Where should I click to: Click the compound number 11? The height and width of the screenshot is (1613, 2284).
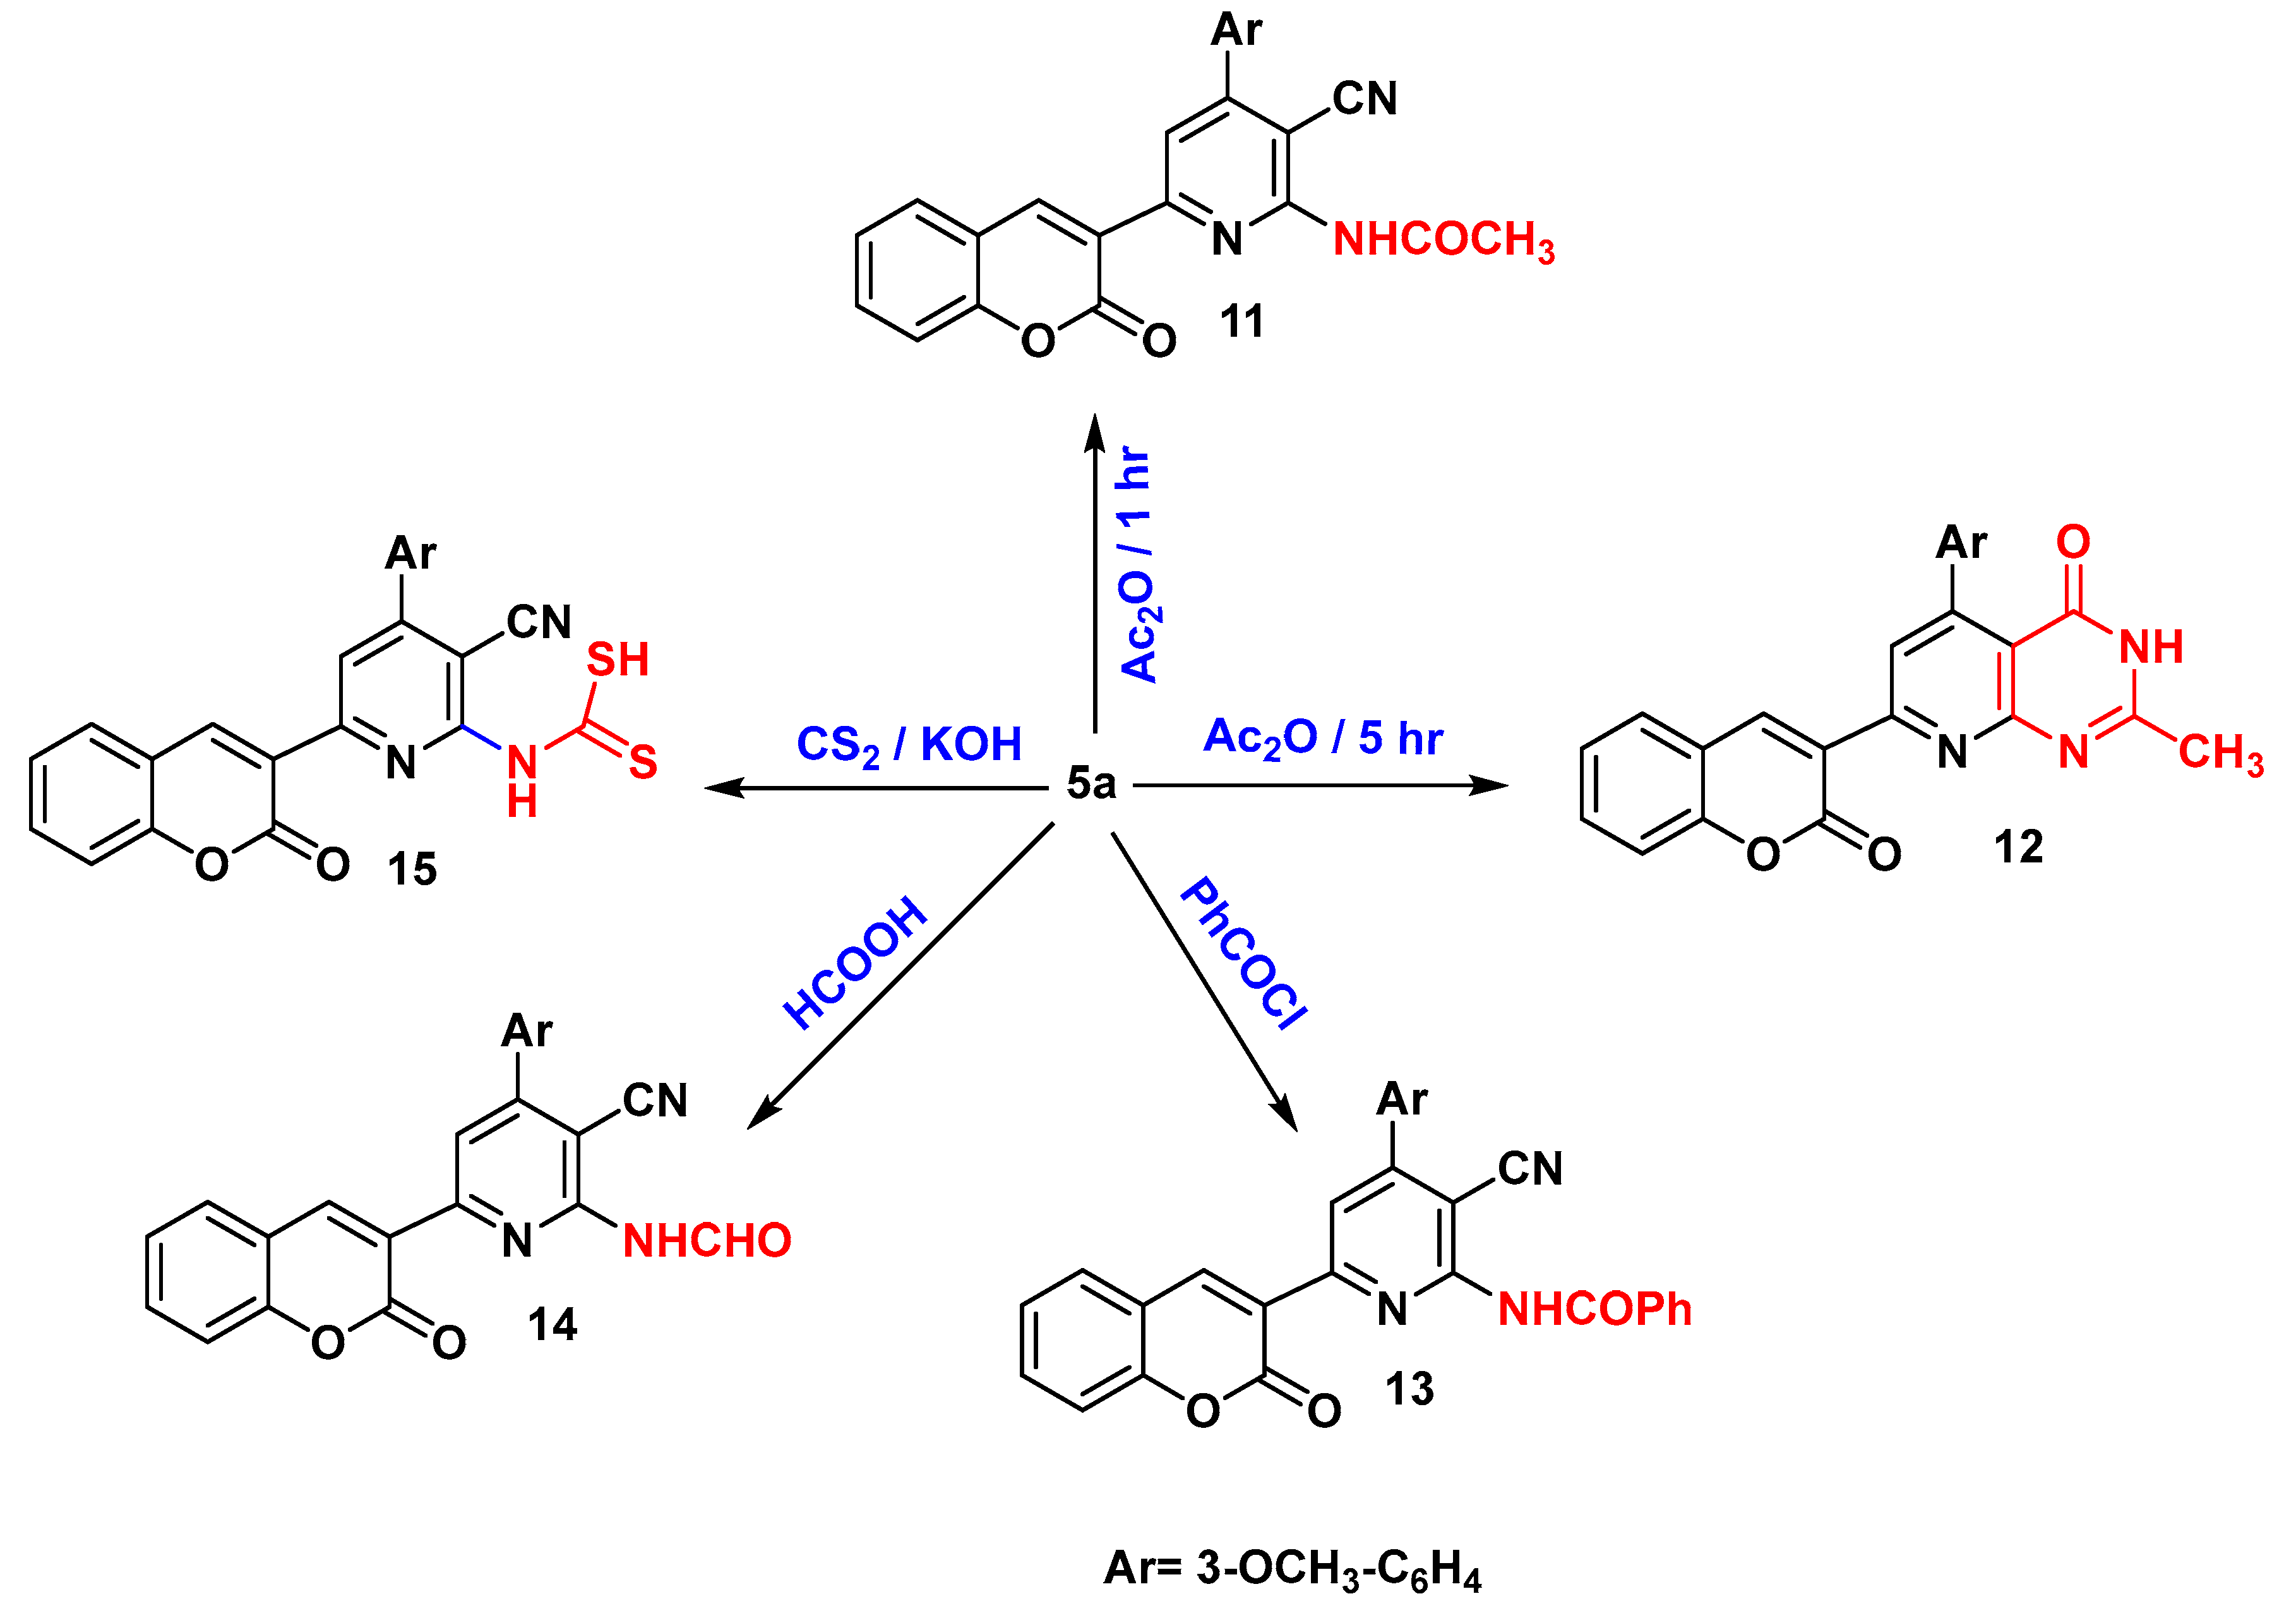(x=1241, y=322)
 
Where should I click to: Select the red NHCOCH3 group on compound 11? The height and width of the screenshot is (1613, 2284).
(x=1442, y=241)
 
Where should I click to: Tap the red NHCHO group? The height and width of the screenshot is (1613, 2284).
(x=706, y=1241)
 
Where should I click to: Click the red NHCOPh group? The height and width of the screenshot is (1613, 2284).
(x=1594, y=1310)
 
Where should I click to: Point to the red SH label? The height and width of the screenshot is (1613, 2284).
(x=617, y=660)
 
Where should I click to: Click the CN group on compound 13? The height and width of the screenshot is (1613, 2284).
(x=1530, y=1169)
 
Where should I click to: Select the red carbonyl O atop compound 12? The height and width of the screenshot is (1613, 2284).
(x=2073, y=542)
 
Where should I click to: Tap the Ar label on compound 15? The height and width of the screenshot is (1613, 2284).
(x=410, y=553)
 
